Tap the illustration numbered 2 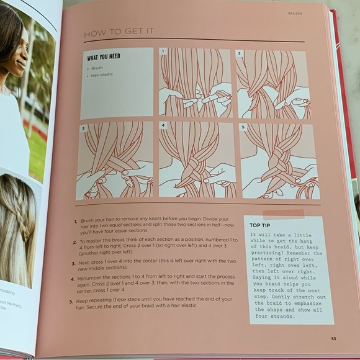point(274,83)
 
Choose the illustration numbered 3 point(115,161)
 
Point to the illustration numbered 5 point(279,161)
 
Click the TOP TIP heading point(263,225)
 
